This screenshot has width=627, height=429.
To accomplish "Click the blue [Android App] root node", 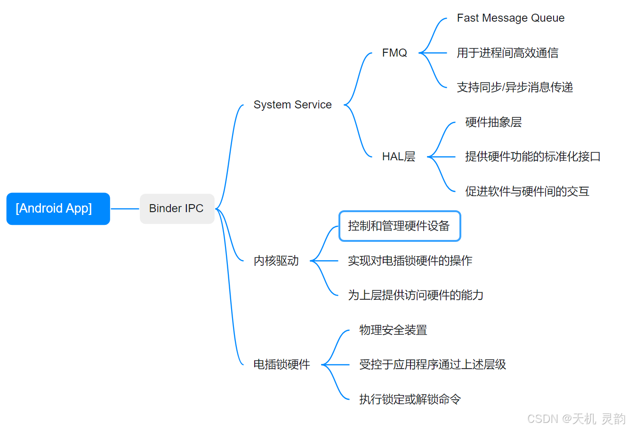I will tap(58, 208).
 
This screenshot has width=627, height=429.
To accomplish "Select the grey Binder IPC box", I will tap(177, 208).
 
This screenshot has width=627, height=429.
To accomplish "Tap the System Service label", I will tap(292, 105).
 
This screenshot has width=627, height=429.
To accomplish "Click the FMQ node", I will tap(394, 53).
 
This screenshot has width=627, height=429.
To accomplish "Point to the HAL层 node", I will tap(398, 157).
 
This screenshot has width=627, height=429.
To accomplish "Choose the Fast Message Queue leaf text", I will tap(510, 18).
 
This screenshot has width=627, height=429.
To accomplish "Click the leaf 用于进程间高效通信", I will tap(507, 53).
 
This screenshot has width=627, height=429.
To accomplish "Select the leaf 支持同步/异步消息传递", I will tap(514, 87).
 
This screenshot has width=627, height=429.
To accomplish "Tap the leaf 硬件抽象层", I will tap(493, 122).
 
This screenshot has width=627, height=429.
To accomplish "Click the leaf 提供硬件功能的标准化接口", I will tap(532, 157).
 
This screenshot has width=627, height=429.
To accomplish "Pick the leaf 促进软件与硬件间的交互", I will tap(527, 191).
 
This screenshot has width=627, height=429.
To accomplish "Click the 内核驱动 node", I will tap(276, 261).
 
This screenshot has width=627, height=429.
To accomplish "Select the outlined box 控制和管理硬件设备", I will tap(399, 226).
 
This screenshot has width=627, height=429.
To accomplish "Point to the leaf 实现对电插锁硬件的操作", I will tap(410, 261).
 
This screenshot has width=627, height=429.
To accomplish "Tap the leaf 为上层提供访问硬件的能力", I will tap(415, 295).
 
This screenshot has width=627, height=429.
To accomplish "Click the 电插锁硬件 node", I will tap(281, 364).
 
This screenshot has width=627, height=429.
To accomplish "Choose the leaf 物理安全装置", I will tap(393, 330).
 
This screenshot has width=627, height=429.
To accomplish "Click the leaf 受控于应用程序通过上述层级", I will tap(432, 364).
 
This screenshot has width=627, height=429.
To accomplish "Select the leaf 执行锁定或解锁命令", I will tap(410, 399).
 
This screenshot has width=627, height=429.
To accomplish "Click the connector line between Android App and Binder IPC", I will tap(125, 208).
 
